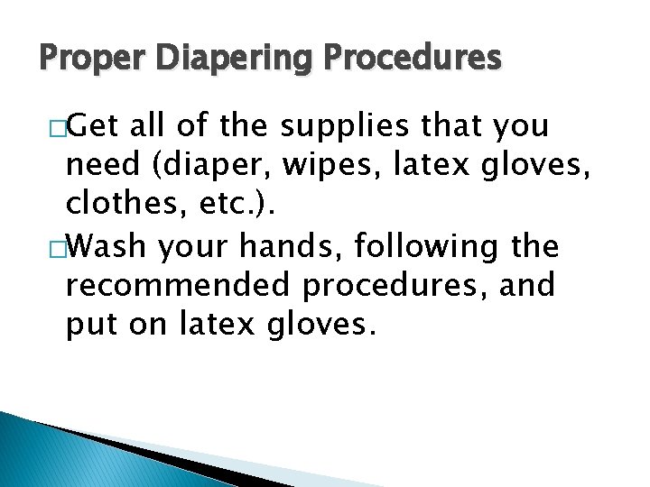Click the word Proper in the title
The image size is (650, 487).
(70, 59)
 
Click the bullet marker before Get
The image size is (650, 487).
(59, 128)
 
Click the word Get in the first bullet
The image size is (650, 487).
(96, 126)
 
